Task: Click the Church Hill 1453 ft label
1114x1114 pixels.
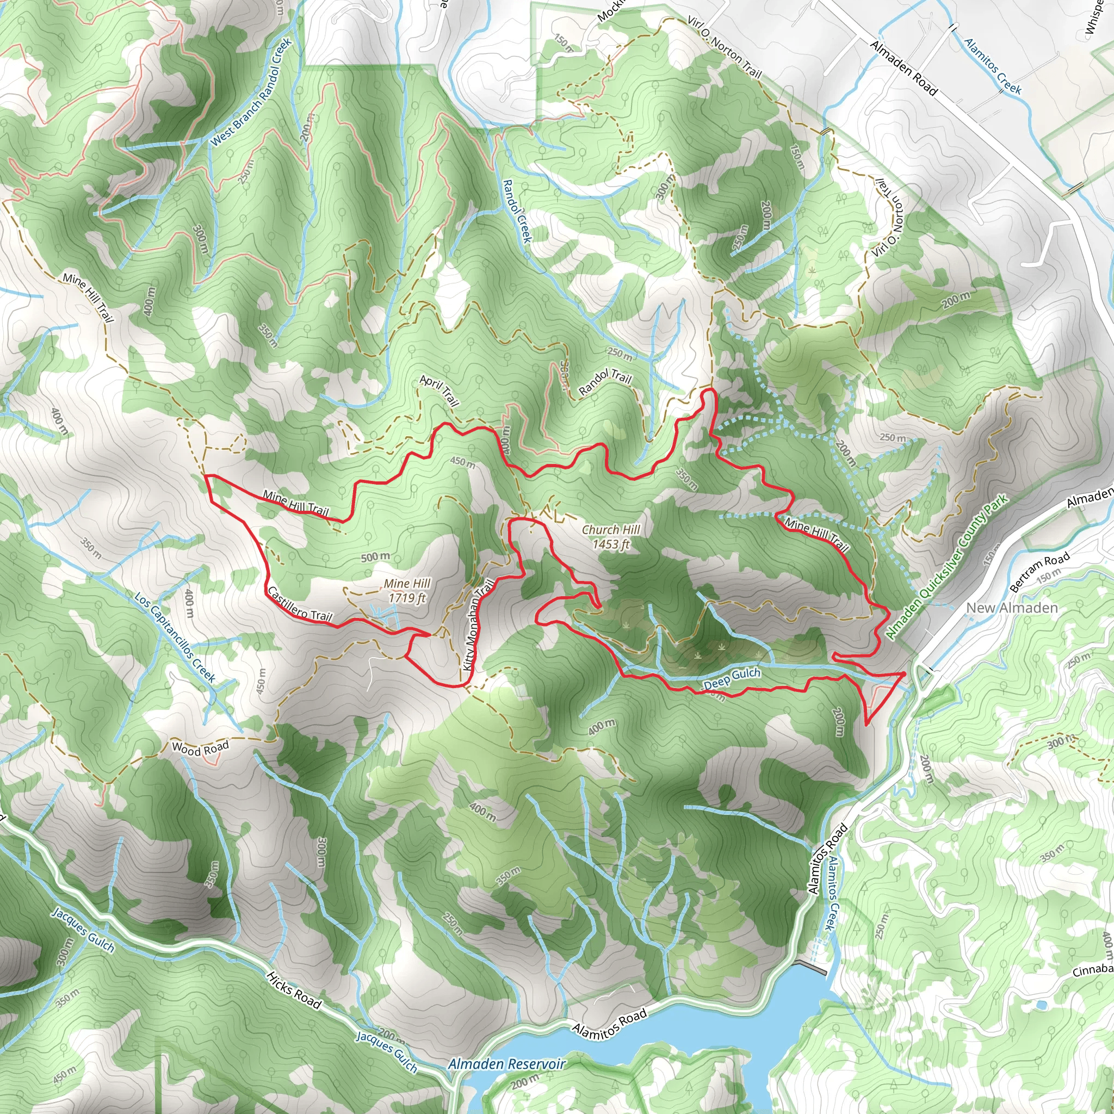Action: pyautogui.click(x=611, y=537)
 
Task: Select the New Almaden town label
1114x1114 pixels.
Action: pyautogui.click(x=1011, y=608)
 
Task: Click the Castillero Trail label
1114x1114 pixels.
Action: pyautogui.click(x=299, y=604)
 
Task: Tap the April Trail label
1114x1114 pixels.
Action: pyautogui.click(x=440, y=391)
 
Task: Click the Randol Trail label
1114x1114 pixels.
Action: pyautogui.click(x=605, y=382)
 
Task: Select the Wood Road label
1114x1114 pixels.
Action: pyautogui.click(x=200, y=748)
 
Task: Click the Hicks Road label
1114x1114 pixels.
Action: pyautogui.click(x=294, y=989)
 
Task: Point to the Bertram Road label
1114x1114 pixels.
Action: pyautogui.click(x=1039, y=571)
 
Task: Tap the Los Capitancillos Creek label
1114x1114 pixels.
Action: pyautogui.click(x=174, y=637)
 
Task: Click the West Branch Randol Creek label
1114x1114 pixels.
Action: pyautogui.click(x=251, y=92)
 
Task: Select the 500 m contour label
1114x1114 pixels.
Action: pyautogui.click(x=375, y=556)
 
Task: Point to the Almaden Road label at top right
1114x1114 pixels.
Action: pyautogui.click(x=903, y=67)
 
